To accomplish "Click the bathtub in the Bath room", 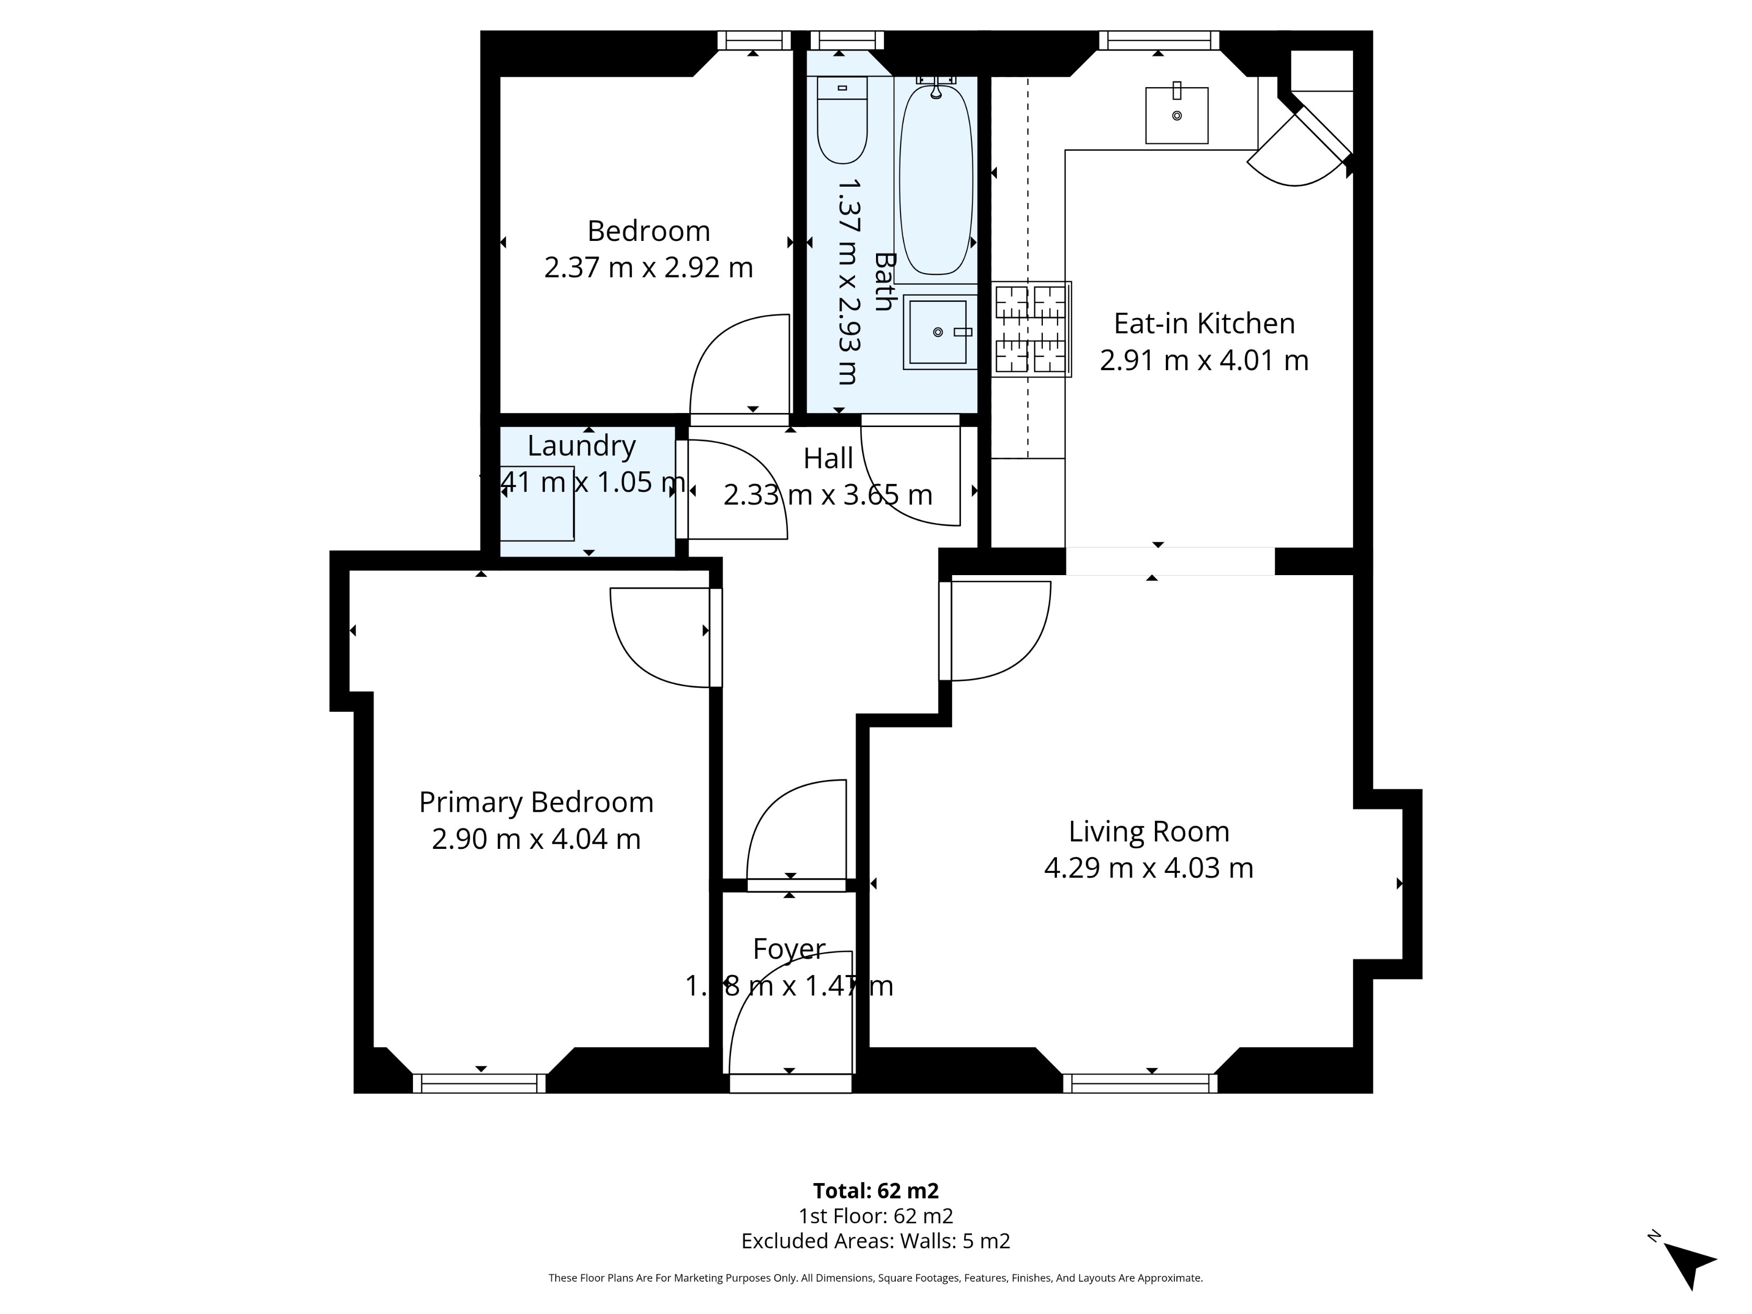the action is pyautogui.click(x=935, y=180).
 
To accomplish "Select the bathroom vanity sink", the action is pyautogui.click(x=939, y=332).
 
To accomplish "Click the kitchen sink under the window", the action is pyautogui.click(x=1176, y=116).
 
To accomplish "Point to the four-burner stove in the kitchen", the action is pyautogui.click(x=1030, y=328).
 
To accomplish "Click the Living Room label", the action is pyautogui.click(x=1149, y=832).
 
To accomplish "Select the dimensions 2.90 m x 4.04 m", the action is pyautogui.click(x=536, y=839).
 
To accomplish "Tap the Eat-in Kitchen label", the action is pyautogui.click(x=1204, y=323).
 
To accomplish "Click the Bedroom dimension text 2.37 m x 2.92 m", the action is pyautogui.click(x=648, y=267).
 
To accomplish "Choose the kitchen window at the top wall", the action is pyautogui.click(x=1158, y=40).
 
